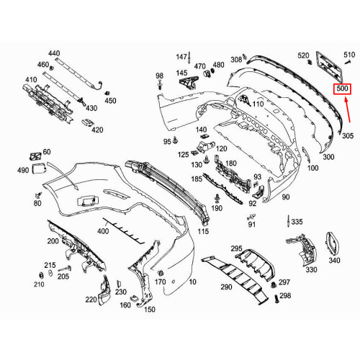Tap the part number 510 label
pyautogui.click(x=348, y=55)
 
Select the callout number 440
pyautogui.click(x=55, y=54)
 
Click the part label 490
pyautogui.click(x=24, y=170)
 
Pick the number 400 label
pyautogui.click(x=102, y=231)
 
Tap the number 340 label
pyautogui.click(x=334, y=261)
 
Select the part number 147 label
pyautogui.click(x=181, y=56)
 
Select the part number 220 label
pyautogui.click(x=90, y=300)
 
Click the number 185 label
pyautogui.click(x=196, y=178)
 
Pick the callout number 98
pyautogui.click(x=159, y=76)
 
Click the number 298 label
pyautogui.click(x=285, y=296)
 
